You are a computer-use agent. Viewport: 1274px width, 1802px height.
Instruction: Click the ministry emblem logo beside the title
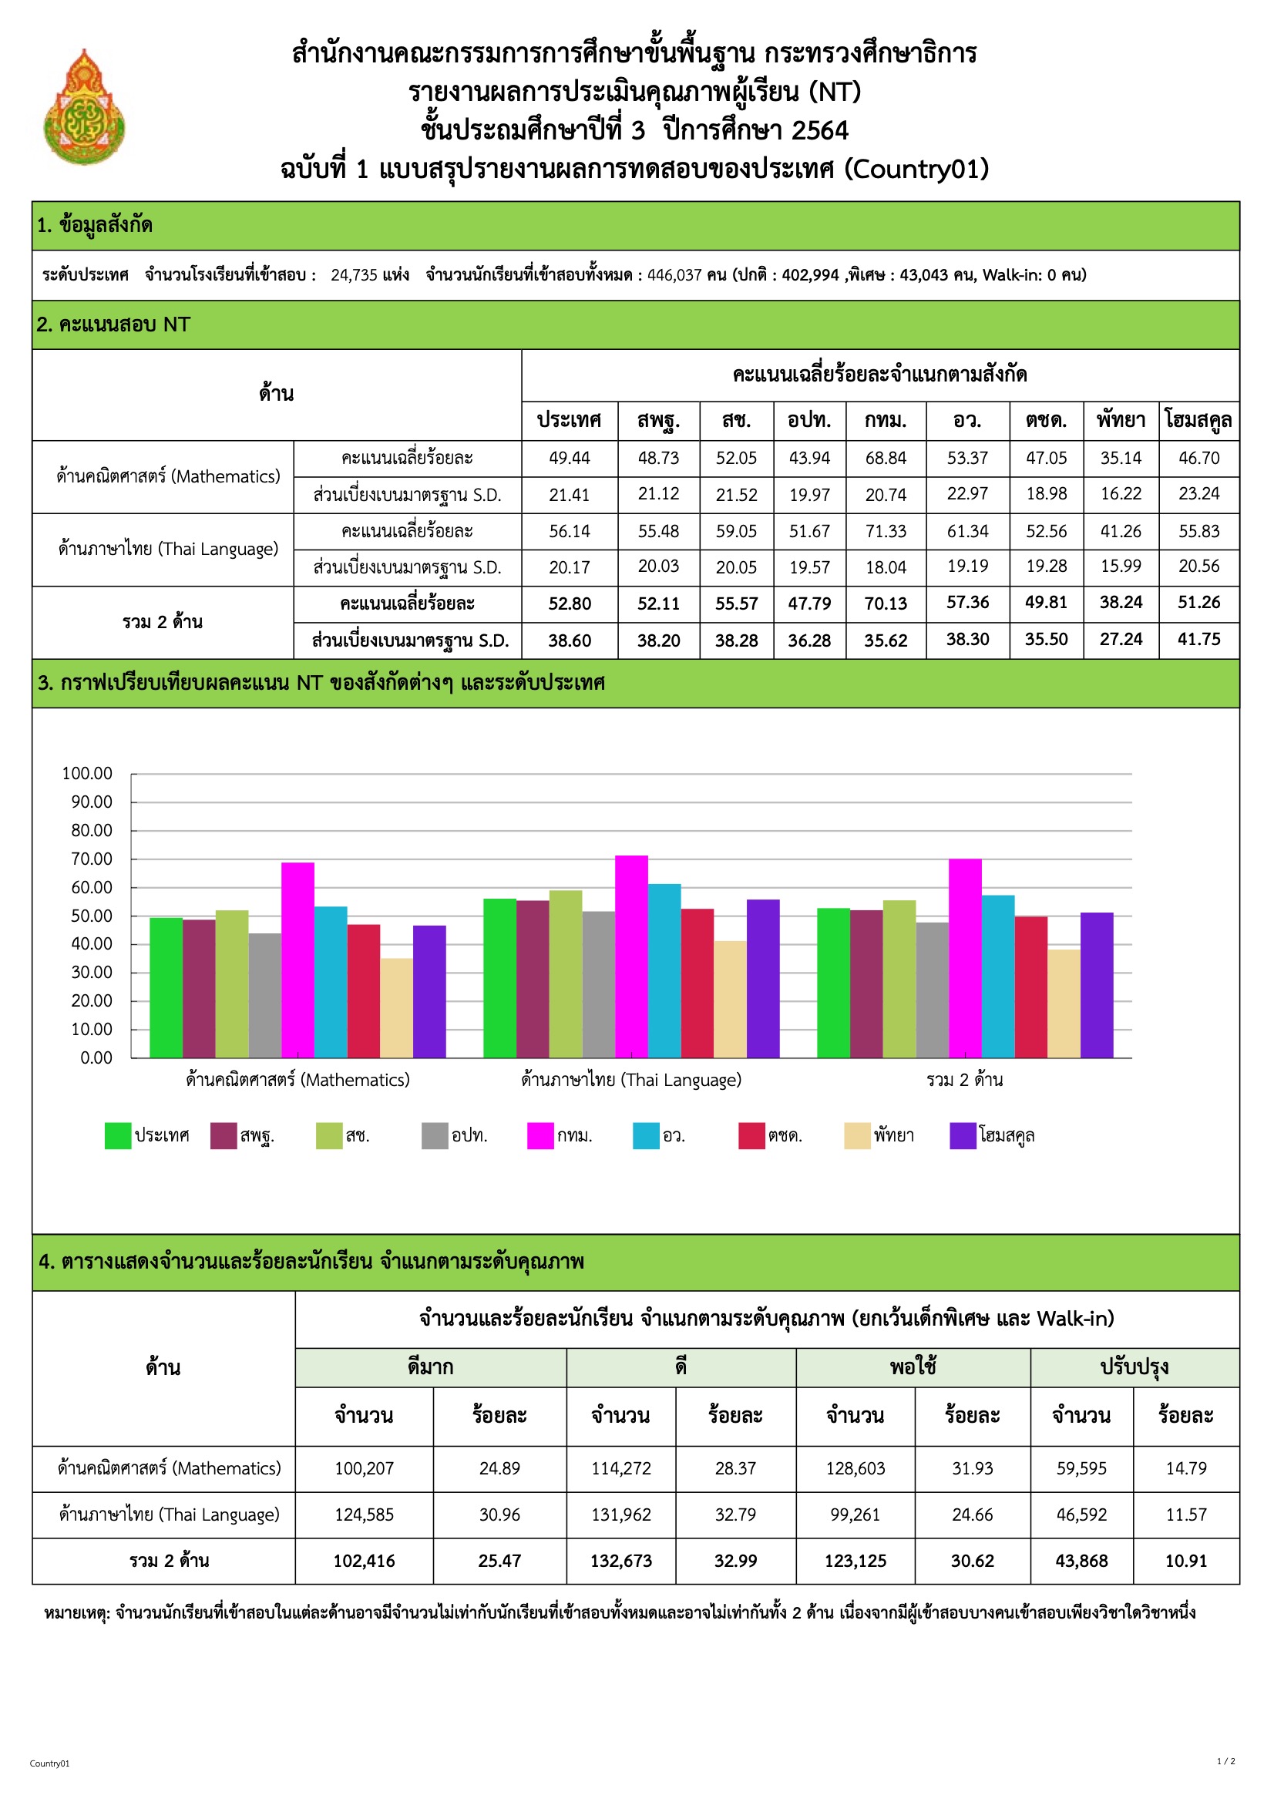[x=84, y=109]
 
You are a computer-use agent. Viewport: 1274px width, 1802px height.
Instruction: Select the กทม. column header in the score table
[x=885, y=421]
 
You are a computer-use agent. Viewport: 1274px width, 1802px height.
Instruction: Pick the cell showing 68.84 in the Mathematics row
[x=885, y=459]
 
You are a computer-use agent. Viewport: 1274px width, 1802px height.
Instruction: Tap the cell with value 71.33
[x=885, y=531]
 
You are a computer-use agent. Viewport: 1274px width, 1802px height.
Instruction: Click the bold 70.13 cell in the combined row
[x=885, y=603]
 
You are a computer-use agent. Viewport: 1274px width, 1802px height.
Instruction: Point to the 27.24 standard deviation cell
[x=1120, y=640]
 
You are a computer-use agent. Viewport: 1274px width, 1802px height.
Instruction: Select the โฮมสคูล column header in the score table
[x=1198, y=421]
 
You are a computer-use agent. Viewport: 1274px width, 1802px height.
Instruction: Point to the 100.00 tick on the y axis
[x=87, y=774]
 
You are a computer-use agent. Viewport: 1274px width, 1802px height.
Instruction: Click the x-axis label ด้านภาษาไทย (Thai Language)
[x=630, y=1080]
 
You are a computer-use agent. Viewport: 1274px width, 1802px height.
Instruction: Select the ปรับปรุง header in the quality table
[x=1134, y=1367]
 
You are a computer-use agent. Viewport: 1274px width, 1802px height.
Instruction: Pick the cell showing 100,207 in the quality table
[x=365, y=1468]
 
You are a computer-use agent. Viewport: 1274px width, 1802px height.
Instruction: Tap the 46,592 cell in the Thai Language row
[x=1081, y=1515]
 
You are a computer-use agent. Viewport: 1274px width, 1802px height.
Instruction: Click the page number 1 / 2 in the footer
[x=1225, y=1761]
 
